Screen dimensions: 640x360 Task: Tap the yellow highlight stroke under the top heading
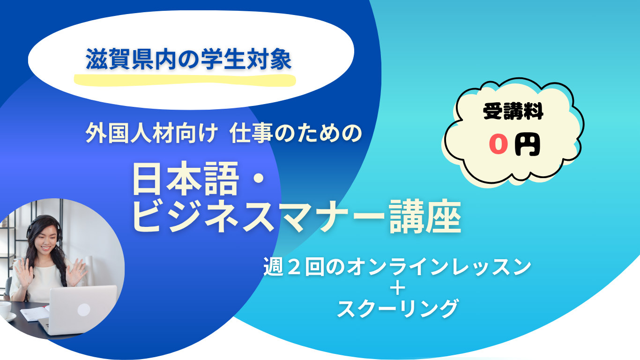[185, 80]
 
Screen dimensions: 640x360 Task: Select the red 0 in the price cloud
[499, 144]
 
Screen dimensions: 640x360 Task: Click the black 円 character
[527, 145]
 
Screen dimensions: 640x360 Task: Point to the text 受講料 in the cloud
[513, 111]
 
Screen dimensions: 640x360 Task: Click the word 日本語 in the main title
[186, 179]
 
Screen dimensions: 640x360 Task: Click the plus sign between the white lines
[398, 288]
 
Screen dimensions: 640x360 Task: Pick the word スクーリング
[398, 308]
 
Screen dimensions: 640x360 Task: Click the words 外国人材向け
[151, 133]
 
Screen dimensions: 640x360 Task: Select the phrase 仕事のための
[296, 133]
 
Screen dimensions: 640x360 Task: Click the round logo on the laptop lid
[84, 310]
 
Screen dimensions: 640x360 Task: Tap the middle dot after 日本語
[260, 179]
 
